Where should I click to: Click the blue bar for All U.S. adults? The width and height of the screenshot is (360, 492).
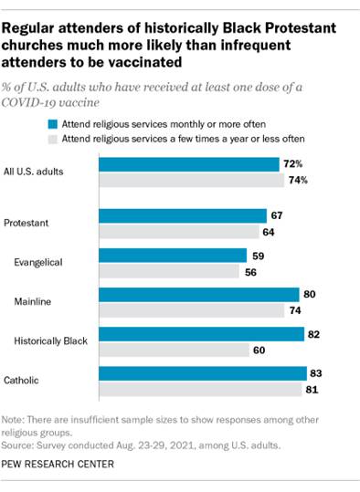coord(189,164)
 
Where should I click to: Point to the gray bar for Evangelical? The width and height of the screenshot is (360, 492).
coord(169,271)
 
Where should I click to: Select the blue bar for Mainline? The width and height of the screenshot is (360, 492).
coord(199,294)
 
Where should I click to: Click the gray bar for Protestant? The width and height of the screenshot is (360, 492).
coord(178,232)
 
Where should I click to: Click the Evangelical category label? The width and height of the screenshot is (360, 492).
coord(39,263)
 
